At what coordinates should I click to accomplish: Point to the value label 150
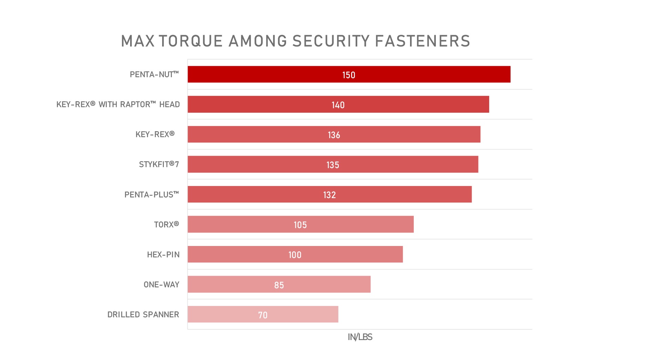[348, 75]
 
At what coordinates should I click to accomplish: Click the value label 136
[334, 135]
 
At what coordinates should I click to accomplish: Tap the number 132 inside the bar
[329, 195]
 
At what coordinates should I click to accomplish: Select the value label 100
[295, 255]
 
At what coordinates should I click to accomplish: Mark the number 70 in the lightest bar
[263, 315]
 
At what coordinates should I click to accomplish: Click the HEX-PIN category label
[163, 255]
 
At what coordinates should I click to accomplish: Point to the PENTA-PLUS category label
[151, 195]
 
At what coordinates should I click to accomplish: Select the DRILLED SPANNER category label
[143, 315]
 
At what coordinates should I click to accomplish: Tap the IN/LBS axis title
[360, 337]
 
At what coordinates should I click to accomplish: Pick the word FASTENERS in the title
[422, 41]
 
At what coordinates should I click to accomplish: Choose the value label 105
[300, 225]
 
